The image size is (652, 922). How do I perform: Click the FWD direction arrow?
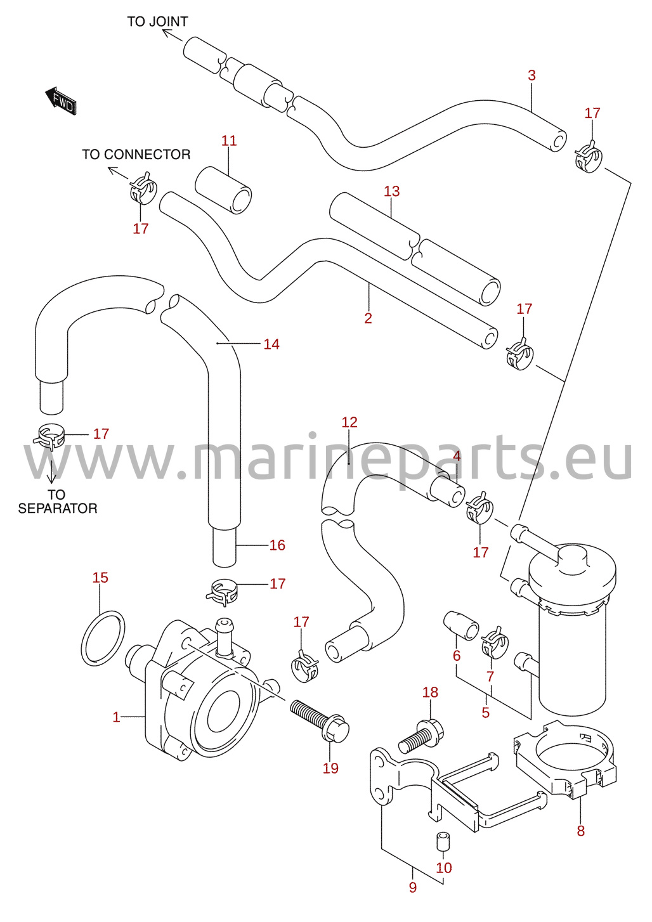pyautogui.click(x=60, y=100)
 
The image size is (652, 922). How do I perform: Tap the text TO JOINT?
pyautogui.click(x=157, y=22)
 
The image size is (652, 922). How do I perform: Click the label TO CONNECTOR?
pyautogui.click(x=136, y=154)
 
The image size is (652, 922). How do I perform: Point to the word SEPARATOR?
pyautogui.click(x=58, y=509)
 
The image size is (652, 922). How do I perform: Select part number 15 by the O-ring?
pyautogui.click(x=100, y=578)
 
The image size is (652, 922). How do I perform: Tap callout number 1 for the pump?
pyautogui.click(x=117, y=717)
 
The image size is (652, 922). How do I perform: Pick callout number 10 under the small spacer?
pyautogui.click(x=444, y=867)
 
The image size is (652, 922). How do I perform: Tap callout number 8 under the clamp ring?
pyautogui.click(x=581, y=831)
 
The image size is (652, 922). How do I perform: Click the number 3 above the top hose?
pyautogui.click(x=531, y=75)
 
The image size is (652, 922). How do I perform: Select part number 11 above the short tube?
pyautogui.click(x=229, y=141)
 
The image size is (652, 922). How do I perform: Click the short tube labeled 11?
pyautogui.click(x=223, y=190)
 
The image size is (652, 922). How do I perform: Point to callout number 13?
pyautogui.click(x=392, y=191)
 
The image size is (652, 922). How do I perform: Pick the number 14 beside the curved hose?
pyautogui.click(x=271, y=344)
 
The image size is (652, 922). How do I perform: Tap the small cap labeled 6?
pyautogui.click(x=461, y=626)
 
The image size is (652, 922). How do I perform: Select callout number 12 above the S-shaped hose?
pyautogui.click(x=349, y=422)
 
